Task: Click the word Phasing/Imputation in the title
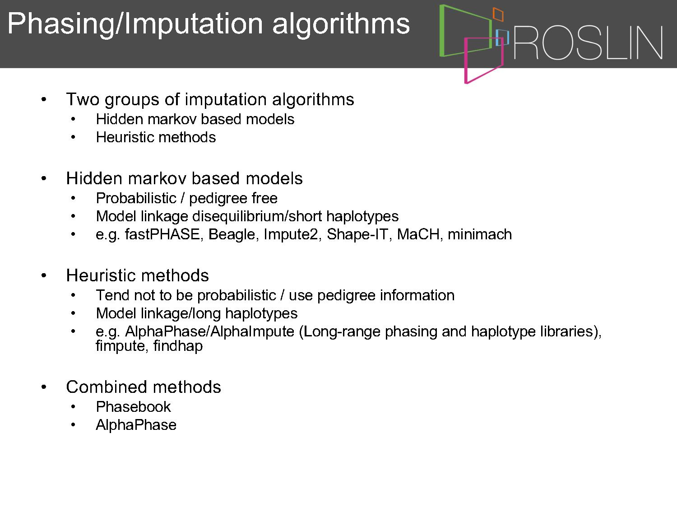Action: [x=135, y=24]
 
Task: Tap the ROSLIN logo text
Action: [x=588, y=42]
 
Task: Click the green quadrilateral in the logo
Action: [x=442, y=31]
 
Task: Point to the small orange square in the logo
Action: [x=498, y=14]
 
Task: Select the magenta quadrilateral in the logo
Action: [x=466, y=62]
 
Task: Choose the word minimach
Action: [x=480, y=234]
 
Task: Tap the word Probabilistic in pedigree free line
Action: [x=136, y=198]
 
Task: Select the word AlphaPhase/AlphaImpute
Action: [x=209, y=331]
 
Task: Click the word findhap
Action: [x=178, y=345]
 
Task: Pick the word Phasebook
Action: [x=133, y=406]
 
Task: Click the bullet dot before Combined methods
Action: [x=44, y=387]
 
